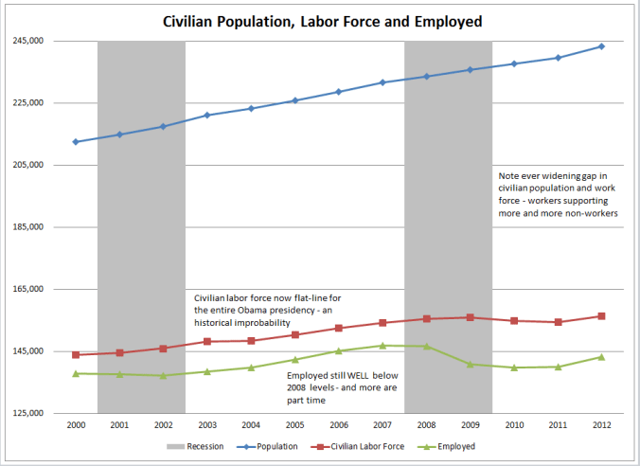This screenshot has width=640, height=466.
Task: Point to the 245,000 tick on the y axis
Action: (28, 41)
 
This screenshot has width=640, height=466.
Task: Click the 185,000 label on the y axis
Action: (28, 227)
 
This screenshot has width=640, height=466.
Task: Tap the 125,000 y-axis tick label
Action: (28, 414)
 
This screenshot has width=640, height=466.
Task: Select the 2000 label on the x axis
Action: (76, 426)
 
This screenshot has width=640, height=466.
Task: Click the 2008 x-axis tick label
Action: (426, 426)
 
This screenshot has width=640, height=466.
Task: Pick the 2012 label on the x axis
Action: (601, 426)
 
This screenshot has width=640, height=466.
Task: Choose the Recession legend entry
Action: (195, 446)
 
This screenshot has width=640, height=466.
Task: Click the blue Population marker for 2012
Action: (601, 46)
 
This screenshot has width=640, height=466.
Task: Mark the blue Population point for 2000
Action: (76, 142)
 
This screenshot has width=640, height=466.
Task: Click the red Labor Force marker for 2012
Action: (601, 316)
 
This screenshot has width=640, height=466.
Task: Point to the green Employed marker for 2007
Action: (382, 346)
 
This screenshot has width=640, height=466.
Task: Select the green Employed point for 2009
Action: (470, 364)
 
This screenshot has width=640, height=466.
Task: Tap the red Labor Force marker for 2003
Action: (207, 341)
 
